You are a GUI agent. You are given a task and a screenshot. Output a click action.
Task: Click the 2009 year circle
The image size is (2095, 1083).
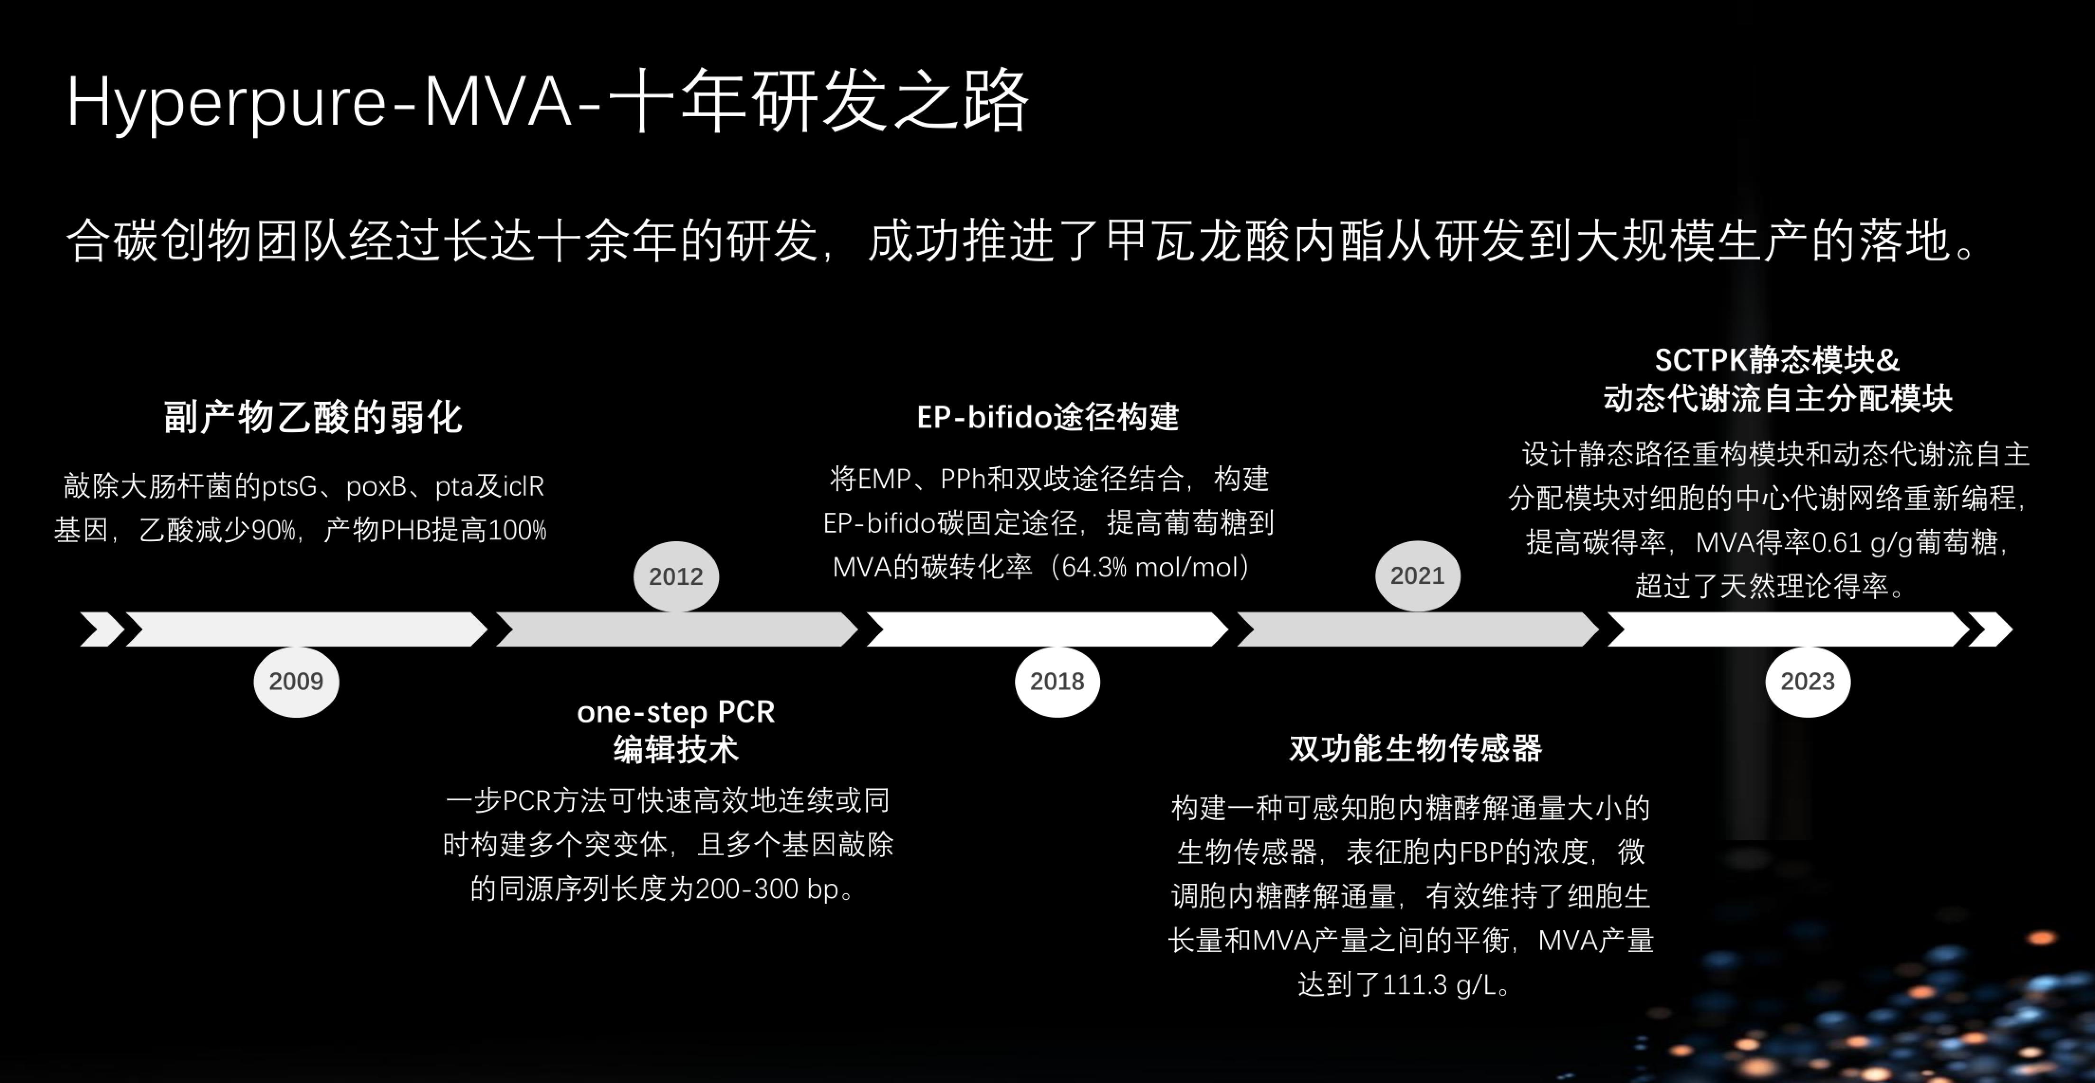pos(296,682)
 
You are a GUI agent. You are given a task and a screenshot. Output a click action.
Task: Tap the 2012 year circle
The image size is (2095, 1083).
pos(676,576)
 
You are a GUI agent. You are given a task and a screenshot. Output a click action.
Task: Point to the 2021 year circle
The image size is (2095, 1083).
pos(1417,576)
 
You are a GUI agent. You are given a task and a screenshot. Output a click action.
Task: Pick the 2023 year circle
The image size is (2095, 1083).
pos(1807,682)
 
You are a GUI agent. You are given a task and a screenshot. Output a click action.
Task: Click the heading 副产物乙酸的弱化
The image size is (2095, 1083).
pos(313,417)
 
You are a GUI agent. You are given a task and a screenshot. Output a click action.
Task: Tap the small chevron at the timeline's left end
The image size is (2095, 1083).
pos(101,629)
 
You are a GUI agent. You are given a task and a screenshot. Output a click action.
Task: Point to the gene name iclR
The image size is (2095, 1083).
pos(523,487)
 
